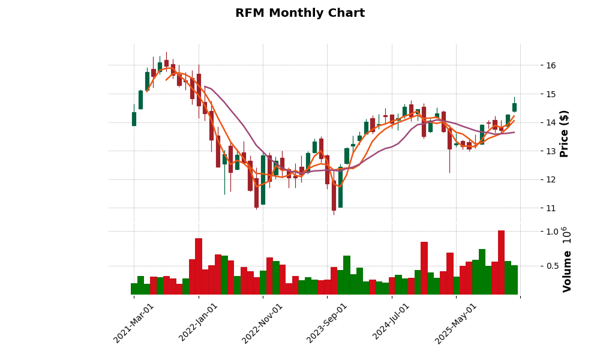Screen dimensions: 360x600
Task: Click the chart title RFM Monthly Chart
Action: [x=299, y=13]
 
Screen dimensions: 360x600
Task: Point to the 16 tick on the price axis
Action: [x=550, y=65]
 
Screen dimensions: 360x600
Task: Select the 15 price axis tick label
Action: [x=550, y=94]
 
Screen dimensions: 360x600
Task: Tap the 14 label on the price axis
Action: [x=550, y=122]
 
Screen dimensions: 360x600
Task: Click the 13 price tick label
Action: [x=550, y=151]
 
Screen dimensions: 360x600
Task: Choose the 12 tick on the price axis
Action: [x=550, y=179]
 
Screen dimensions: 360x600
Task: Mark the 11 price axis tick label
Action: [x=550, y=208]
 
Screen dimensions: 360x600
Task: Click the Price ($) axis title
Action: [x=565, y=133]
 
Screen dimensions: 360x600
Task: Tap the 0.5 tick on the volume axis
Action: [x=552, y=266]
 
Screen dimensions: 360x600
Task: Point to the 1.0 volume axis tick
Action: [x=552, y=232]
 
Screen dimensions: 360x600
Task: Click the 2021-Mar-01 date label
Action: [x=134, y=323]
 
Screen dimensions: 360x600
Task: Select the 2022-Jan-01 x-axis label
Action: [x=199, y=323]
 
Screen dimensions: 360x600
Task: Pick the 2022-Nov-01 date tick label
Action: [x=262, y=323]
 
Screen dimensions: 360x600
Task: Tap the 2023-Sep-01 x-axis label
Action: [x=327, y=323]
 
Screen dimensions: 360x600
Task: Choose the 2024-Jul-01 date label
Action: [x=391, y=323]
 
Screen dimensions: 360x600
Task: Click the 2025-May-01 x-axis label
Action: [x=456, y=323]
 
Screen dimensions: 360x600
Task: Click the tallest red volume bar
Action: [x=501, y=262]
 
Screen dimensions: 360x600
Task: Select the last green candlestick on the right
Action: [x=514, y=107]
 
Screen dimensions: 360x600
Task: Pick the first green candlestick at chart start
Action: [x=134, y=119]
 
